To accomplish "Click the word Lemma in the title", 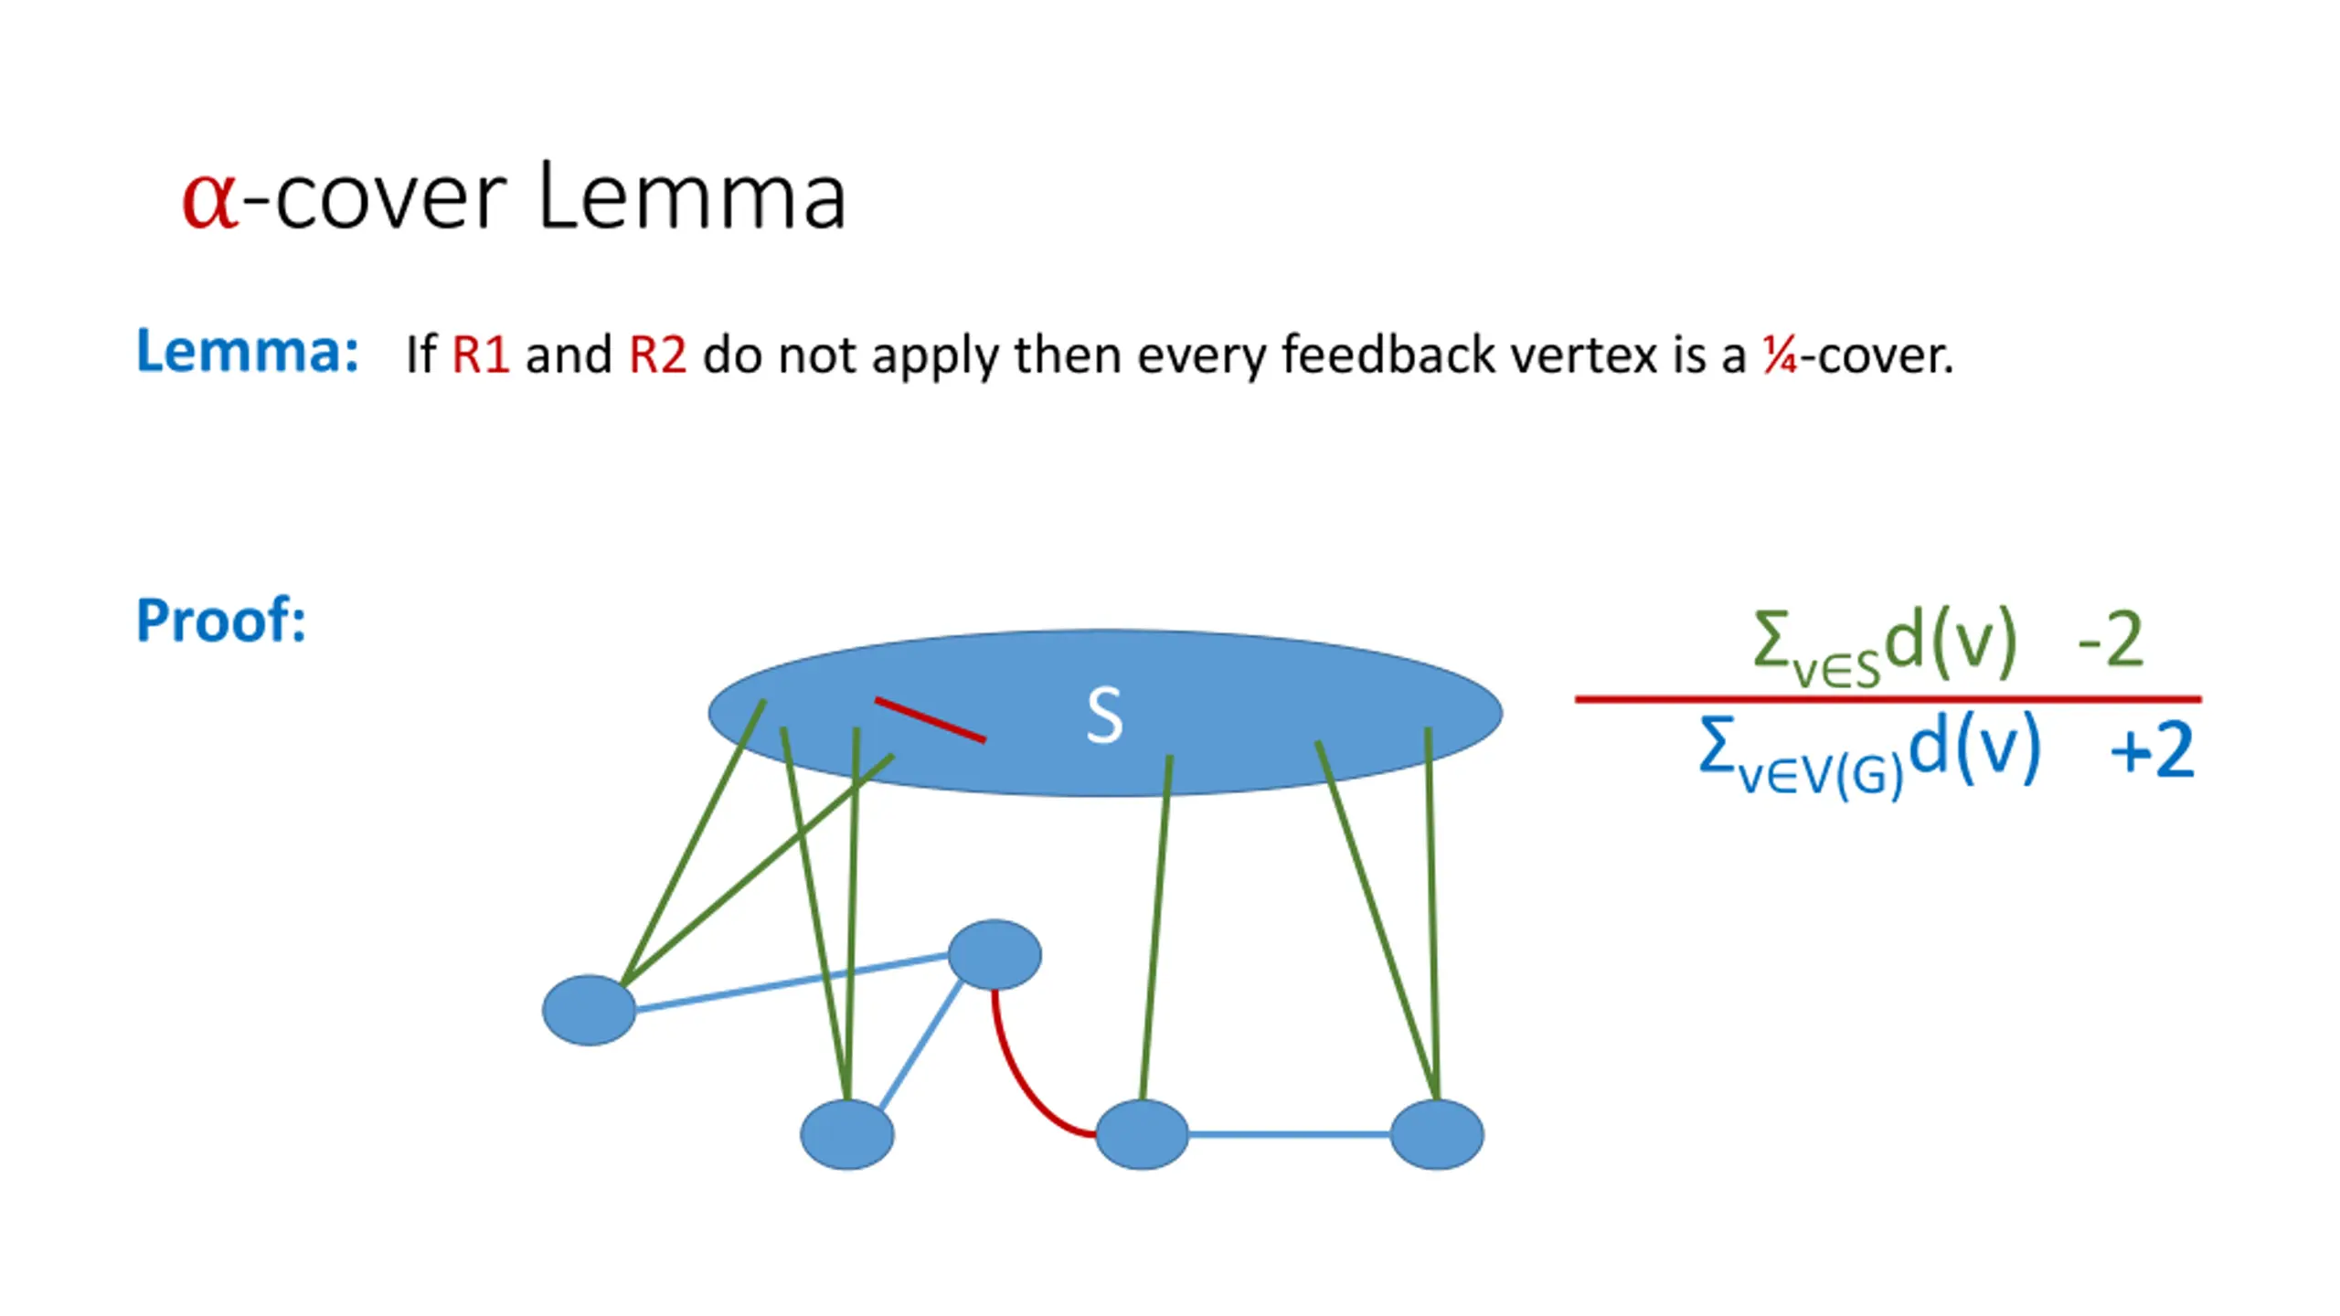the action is (692, 196).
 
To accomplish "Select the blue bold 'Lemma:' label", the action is (248, 351).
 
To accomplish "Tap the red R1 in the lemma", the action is (481, 355).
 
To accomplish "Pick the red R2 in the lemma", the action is (658, 355).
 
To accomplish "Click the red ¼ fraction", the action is (1780, 355).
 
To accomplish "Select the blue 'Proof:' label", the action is (221, 621).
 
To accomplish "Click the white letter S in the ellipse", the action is (1104, 716).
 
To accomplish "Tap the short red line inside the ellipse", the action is (931, 720).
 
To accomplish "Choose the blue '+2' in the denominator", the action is (2151, 749).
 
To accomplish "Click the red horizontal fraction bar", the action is (1888, 699).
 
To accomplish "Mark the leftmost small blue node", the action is (589, 1010).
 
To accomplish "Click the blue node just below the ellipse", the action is (994, 955).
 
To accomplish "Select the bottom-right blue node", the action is (1437, 1134).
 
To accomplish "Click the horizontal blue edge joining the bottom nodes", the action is (1289, 1134).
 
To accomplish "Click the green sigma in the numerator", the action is (1771, 640).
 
